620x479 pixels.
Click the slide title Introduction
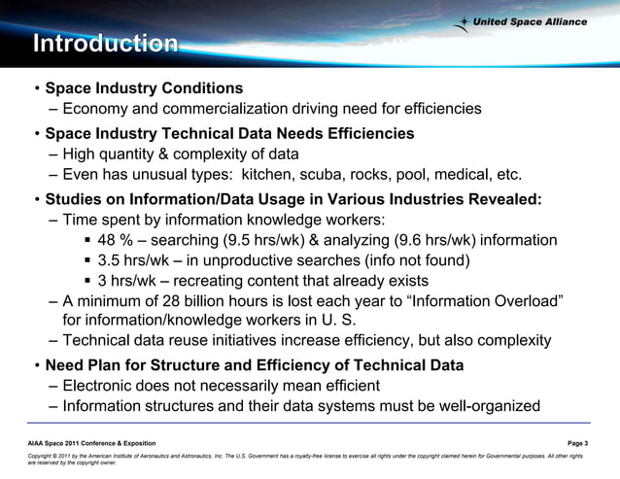105,44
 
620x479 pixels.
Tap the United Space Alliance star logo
467,21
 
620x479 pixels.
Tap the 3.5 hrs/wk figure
135,260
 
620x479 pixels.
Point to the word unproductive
249,260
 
